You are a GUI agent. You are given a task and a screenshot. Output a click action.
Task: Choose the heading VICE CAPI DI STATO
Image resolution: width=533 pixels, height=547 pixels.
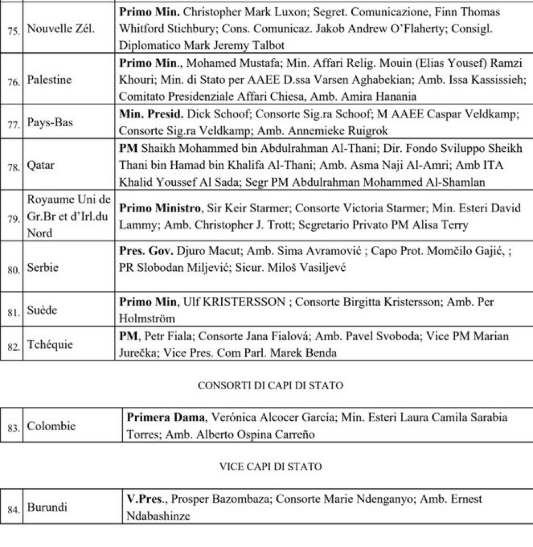(267, 466)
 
